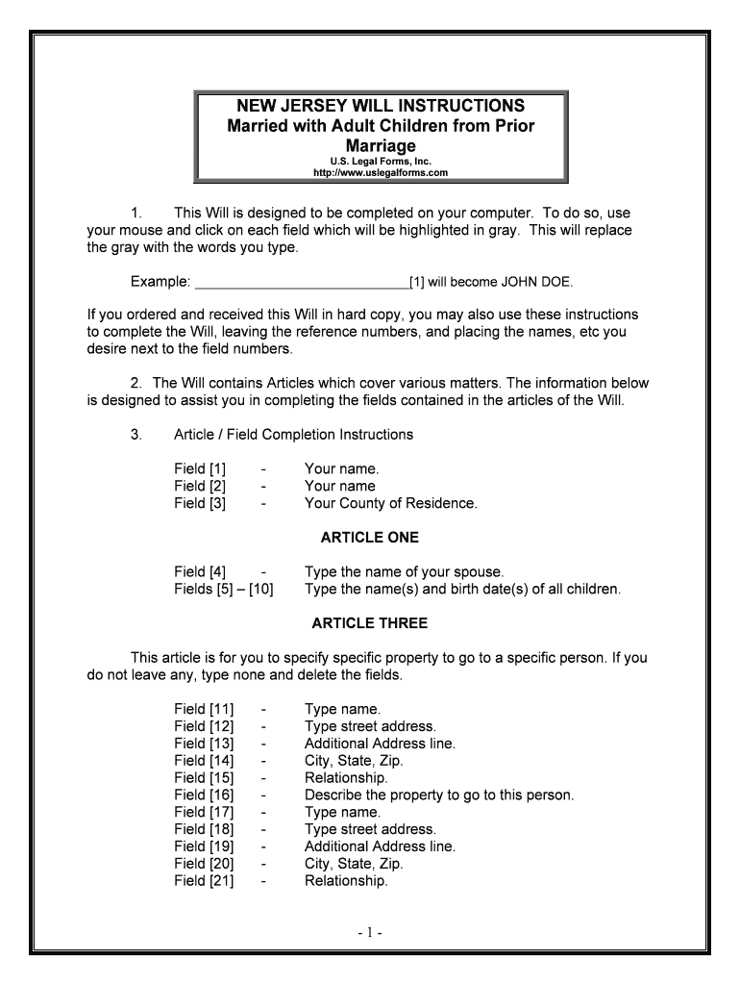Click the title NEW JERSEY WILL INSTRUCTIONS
pyautogui.click(x=381, y=105)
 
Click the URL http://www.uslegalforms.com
pyautogui.click(x=381, y=173)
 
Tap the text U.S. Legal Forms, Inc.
pyautogui.click(x=381, y=162)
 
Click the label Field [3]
pyautogui.click(x=200, y=503)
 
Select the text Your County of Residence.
pyautogui.click(x=390, y=503)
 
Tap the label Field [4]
pyautogui.click(x=200, y=572)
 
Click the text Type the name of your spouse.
pyautogui.click(x=404, y=572)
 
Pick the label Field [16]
pyautogui.click(x=204, y=795)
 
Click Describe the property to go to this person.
pyautogui.click(x=438, y=795)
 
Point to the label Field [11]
pyautogui.click(x=204, y=709)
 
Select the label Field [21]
pyautogui.click(x=204, y=880)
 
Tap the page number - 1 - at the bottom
pyautogui.click(x=370, y=932)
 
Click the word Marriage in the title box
pyautogui.click(x=381, y=145)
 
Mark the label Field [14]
pyautogui.click(x=204, y=760)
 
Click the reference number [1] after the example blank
pyautogui.click(x=417, y=282)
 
